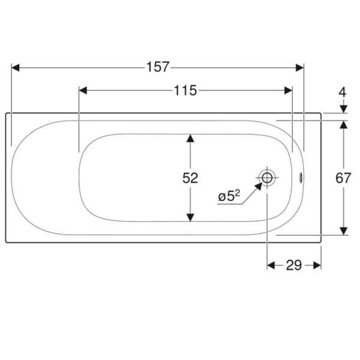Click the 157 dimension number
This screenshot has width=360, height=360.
click(x=158, y=67)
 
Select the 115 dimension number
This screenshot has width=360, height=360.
click(x=185, y=91)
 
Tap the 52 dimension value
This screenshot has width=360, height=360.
click(x=190, y=178)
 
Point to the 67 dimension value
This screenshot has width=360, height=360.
click(x=343, y=178)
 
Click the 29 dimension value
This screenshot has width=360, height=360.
click(x=294, y=265)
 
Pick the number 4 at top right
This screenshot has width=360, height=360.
click(x=343, y=92)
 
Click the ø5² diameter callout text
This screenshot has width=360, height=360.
click(x=229, y=196)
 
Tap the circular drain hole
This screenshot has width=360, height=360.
click(x=267, y=178)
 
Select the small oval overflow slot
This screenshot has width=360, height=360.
click(x=301, y=178)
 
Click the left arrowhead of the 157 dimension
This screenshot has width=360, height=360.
click(x=16, y=68)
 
